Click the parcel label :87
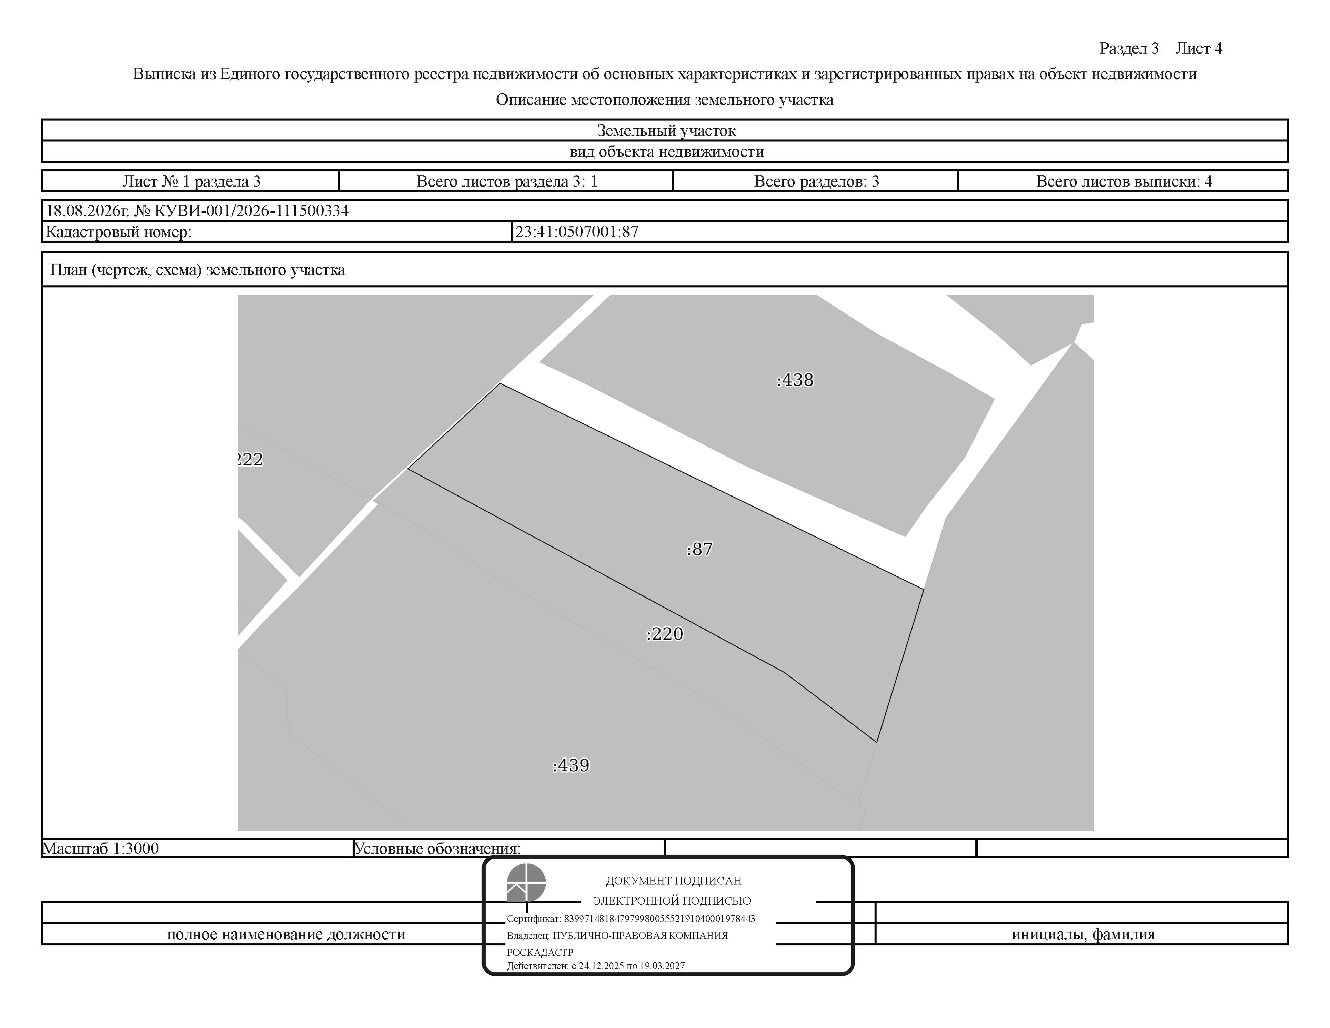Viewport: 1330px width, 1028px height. pyautogui.click(x=699, y=549)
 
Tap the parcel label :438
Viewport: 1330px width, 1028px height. pyautogui.click(x=795, y=380)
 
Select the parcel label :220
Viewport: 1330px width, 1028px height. pyautogui.click(x=664, y=634)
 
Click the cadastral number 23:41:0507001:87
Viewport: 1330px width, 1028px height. pyautogui.click(x=577, y=231)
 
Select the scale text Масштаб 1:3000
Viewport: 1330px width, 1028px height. pyautogui.click(x=100, y=848)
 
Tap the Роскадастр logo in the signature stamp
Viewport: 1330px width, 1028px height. pyautogui.click(x=526, y=882)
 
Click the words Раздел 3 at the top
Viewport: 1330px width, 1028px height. pyautogui.click(x=1129, y=49)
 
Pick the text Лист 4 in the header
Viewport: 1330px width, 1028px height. pyautogui.click(x=1199, y=49)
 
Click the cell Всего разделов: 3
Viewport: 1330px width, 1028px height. pyautogui.click(x=817, y=181)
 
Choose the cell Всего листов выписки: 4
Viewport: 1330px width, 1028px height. pyautogui.click(x=1124, y=181)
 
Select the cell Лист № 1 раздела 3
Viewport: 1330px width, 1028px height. pyautogui.click(x=191, y=181)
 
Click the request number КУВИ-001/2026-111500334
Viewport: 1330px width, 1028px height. pyautogui.click(x=252, y=211)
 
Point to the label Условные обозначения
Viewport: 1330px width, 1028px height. pyautogui.click(x=437, y=848)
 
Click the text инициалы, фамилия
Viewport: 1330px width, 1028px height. pyautogui.click(x=1083, y=934)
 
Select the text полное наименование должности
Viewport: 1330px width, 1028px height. pyautogui.click(x=286, y=934)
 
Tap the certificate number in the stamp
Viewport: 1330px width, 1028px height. pyautogui.click(x=659, y=918)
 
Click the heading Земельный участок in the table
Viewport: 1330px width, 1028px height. pyautogui.click(x=666, y=130)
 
